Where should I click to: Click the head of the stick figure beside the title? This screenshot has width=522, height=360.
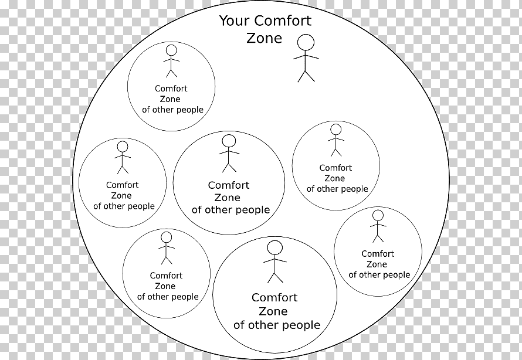pyautogui.click(x=306, y=42)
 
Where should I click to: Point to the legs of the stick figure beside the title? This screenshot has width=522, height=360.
pyautogui.click(x=306, y=75)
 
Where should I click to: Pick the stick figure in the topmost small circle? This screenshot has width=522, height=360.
pyautogui.click(x=171, y=61)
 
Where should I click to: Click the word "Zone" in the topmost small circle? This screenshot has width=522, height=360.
pyautogui.click(x=170, y=99)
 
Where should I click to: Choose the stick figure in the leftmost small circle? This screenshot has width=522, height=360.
pyautogui.click(x=123, y=157)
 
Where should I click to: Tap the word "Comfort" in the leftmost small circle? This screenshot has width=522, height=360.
pyautogui.click(x=123, y=185)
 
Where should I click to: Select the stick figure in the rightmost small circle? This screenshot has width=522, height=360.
pyautogui.click(x=378, y=226)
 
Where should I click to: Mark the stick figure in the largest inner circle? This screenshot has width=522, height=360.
pyautogui.click(x=274, y=261)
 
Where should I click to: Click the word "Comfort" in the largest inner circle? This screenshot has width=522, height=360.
pyautogui.click(x=274, y=297)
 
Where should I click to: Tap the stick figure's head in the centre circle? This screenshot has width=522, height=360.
pyautogui.click(x=229, y=141)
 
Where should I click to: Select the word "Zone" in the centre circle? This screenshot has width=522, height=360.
pyautogui.click(x=228, y=198)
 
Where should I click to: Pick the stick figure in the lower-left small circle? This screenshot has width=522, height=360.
pyautogui.click(x=167, y=247)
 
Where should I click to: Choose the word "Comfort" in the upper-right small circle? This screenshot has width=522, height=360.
pyautogui.click(x=335, y=168)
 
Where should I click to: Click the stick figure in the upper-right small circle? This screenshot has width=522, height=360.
pyautogui.click(x=335, y=140)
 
